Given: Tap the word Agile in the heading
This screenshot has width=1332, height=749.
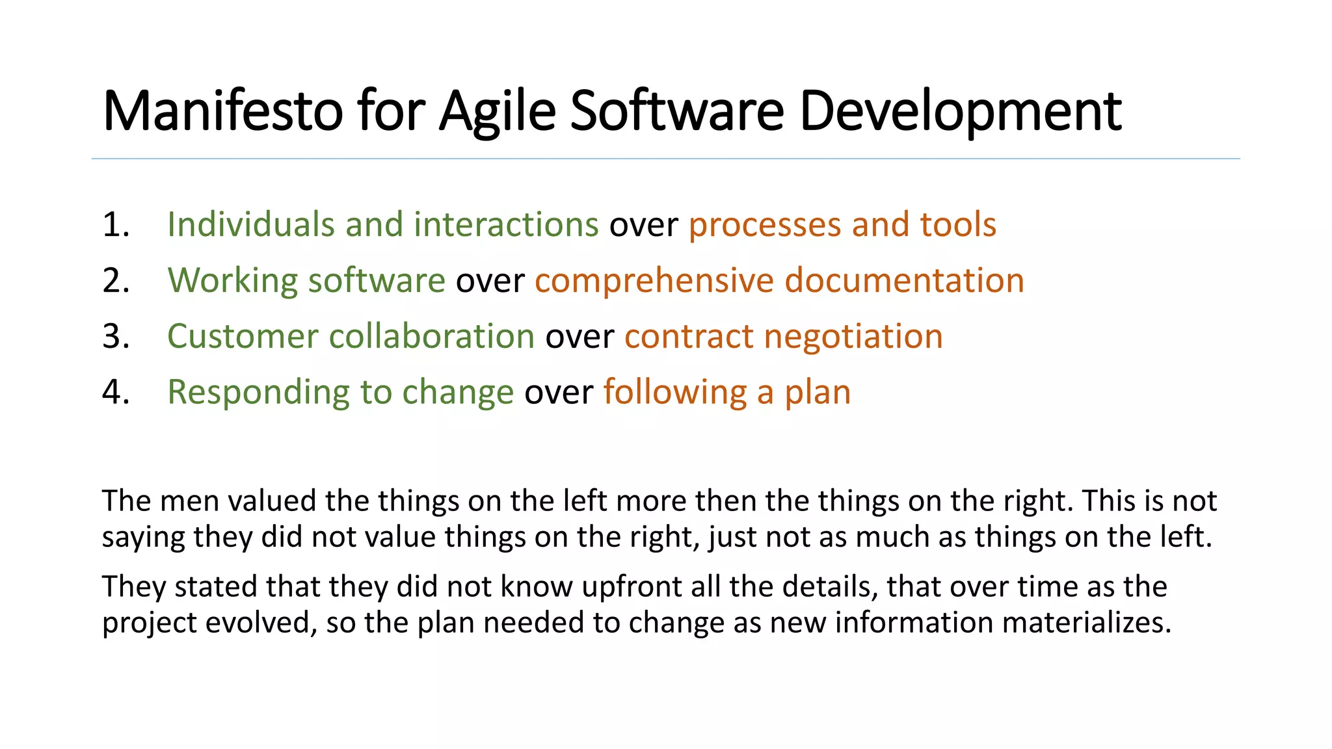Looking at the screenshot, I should [498, 112].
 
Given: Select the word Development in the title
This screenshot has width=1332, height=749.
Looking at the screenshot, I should [960, 112].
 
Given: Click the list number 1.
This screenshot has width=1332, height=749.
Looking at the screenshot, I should [116, 225].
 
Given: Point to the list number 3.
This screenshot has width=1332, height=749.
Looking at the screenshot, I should [116, 337].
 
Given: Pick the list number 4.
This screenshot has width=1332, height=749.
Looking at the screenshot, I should [116, 393].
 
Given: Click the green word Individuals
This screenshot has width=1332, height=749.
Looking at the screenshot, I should [250, 225].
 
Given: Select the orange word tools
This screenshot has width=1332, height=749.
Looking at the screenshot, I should [957, 225].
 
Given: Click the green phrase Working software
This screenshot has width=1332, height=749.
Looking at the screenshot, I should [306, 281].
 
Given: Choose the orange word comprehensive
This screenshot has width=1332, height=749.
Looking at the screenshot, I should [654, 281].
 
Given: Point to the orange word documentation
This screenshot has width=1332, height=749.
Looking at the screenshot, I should [904, 281].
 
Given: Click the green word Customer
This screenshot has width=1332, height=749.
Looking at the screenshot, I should [243, 337].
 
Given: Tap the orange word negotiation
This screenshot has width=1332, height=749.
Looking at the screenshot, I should [853, 337].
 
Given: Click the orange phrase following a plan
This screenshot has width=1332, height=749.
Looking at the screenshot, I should [726, 393].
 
